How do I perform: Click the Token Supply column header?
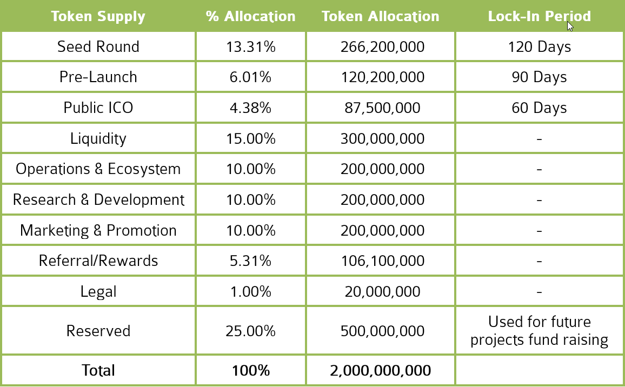pos(98,16)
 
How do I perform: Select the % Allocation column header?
pos(250,16)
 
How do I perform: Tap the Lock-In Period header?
pos(539,16)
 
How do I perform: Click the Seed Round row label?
pos(98,46)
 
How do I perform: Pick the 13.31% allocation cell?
pos(250,46)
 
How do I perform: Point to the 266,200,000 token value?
pos(382,46)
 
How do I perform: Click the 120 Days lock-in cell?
pos(539,46)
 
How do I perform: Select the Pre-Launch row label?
pos(98,77)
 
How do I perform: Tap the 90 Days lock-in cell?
pos(539,77)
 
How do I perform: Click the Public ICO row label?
pos(98,108)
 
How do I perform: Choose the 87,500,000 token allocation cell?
pos(382,108)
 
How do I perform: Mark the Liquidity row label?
pos(98,138)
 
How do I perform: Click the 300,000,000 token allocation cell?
pos(382,138)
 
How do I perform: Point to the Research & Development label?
pos(98,199)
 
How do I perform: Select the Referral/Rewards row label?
pos(98,261)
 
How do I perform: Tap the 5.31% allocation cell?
pos(250,261)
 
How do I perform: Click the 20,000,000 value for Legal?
pos(382,292)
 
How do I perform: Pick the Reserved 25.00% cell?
pos(250,331)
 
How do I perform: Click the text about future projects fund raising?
pos(539,331)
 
